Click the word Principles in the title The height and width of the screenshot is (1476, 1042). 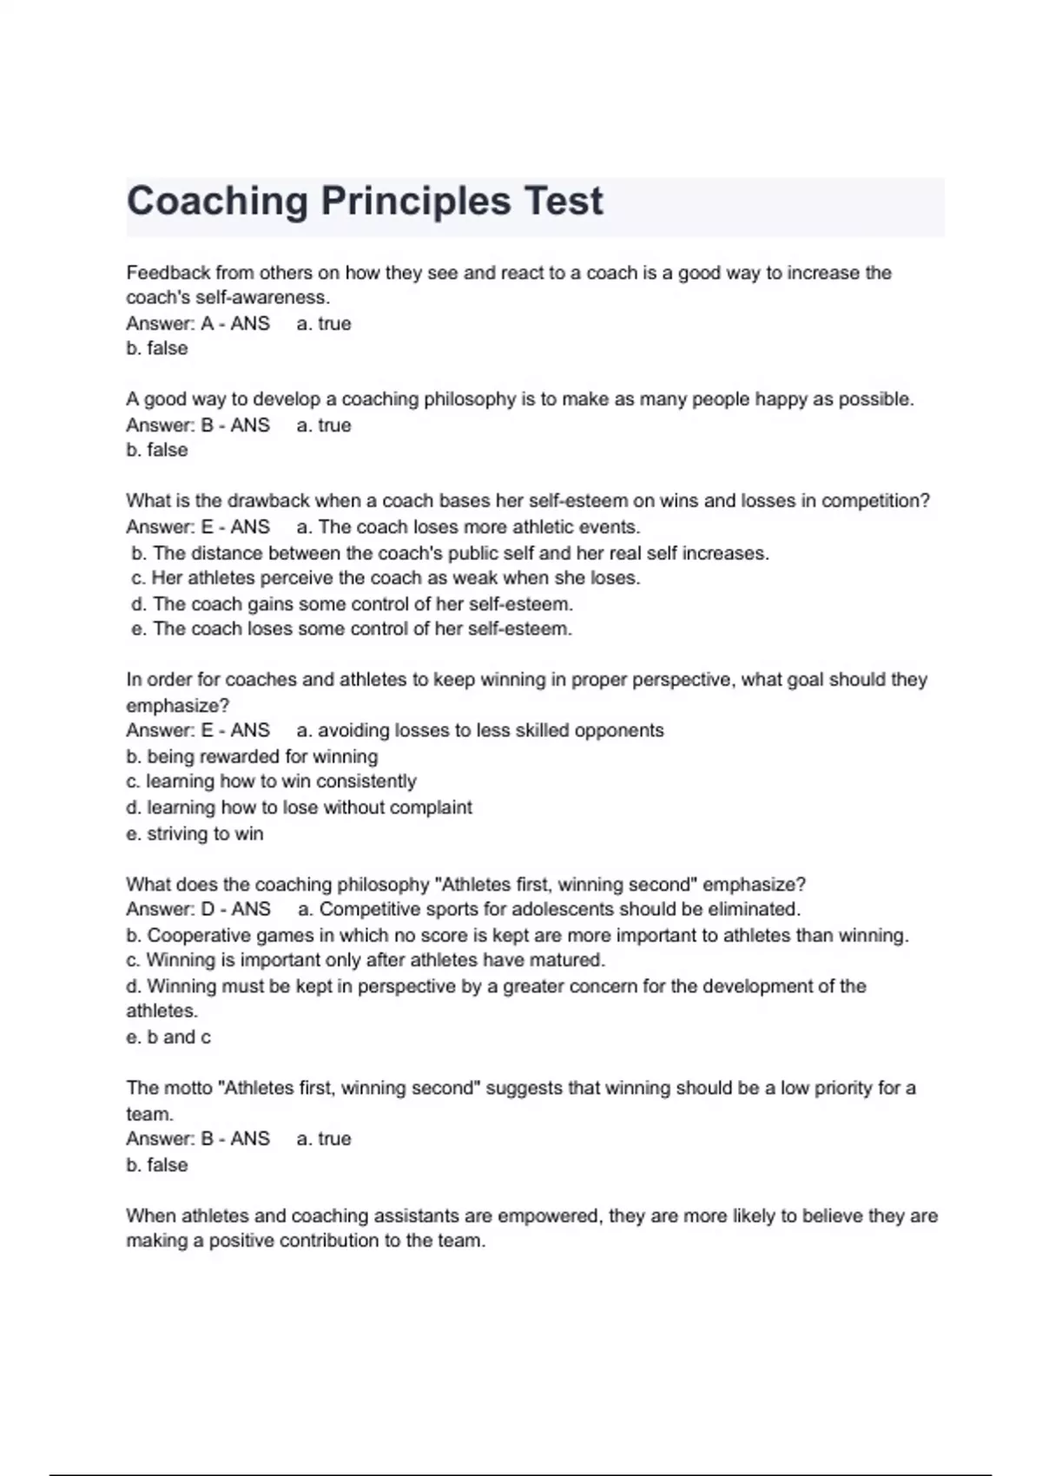coord(415,201)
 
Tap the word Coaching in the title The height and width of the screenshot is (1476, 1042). coord(217,201)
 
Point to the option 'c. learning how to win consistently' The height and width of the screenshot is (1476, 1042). coord(271,781)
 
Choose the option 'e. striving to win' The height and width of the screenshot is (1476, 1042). coord(195,834)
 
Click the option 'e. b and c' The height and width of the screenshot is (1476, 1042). coord(168,1037)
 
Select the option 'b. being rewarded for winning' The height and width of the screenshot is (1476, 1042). coord(252,756)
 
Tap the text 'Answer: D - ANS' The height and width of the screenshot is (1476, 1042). coord(198,909)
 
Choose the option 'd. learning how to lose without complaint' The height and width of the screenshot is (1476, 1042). coord(299,807)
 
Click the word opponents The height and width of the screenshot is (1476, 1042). coord(621,730)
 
